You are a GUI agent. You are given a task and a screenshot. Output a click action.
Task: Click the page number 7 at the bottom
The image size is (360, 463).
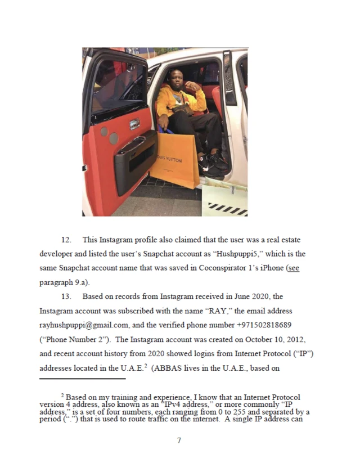[x=179, y=440]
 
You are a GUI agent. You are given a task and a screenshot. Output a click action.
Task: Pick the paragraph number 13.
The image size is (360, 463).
[x=65, y=296]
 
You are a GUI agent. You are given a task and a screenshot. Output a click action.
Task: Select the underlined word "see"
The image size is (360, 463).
[x=293, y=268]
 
